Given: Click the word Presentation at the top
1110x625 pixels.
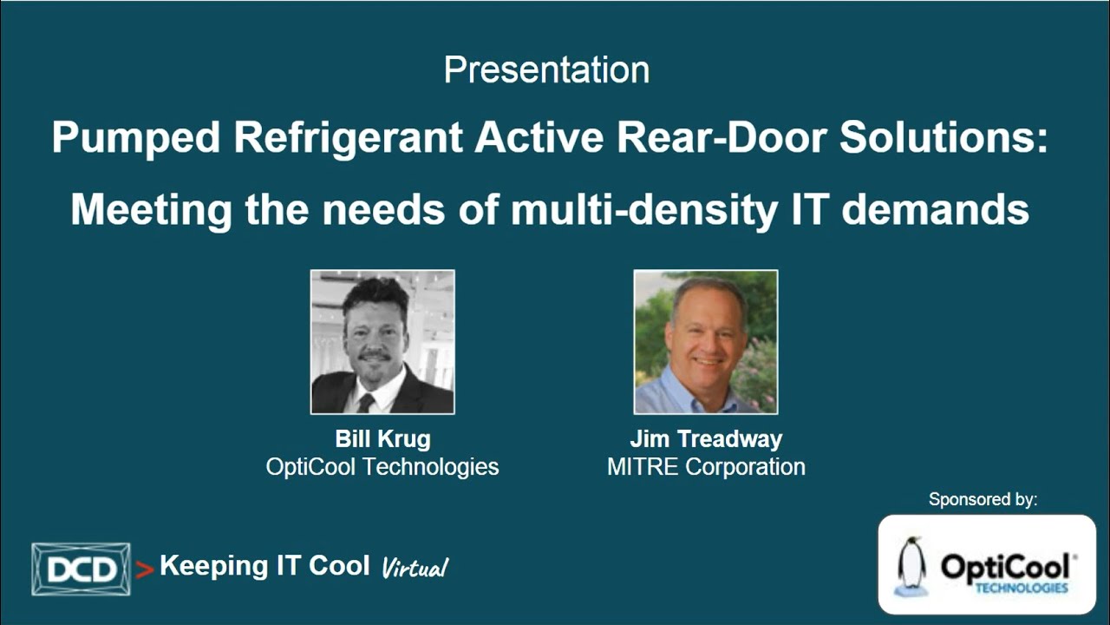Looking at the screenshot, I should click(x=546, y=70).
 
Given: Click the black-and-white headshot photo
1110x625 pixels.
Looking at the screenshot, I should click(x=382, y=342).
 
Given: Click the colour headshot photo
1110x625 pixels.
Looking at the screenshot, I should click(x=706, y=342).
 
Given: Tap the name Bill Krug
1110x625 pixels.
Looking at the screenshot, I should click(x=382, y=439).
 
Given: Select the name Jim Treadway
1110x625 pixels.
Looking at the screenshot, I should click(x=706, y=439).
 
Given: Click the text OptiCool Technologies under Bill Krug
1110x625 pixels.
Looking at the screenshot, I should click(x=382, y=467).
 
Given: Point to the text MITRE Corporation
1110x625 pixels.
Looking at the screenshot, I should click(x=706, y=467).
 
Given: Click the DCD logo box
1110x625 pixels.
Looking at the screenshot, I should click(x=81, y=569).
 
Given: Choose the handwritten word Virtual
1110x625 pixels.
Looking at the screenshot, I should click(x=415, y=568).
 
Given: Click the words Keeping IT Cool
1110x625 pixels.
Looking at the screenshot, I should click(x=264, y=566).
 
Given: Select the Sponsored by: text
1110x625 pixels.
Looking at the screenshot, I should click(x=983, y=499).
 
